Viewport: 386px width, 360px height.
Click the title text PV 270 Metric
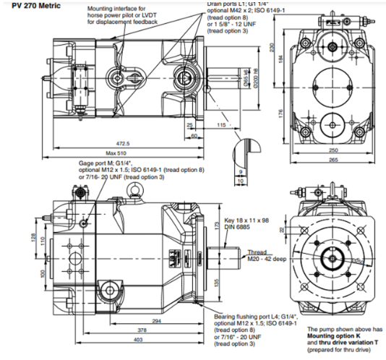click(x=30, y=5)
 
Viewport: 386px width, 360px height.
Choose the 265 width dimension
click(x=332, y=160)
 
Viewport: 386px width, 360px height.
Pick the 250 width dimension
click(x=332, y=150)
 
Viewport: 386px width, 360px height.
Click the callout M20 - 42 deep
click(x=263, y=259)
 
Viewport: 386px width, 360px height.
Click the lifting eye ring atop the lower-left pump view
click(x=134, y=190)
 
